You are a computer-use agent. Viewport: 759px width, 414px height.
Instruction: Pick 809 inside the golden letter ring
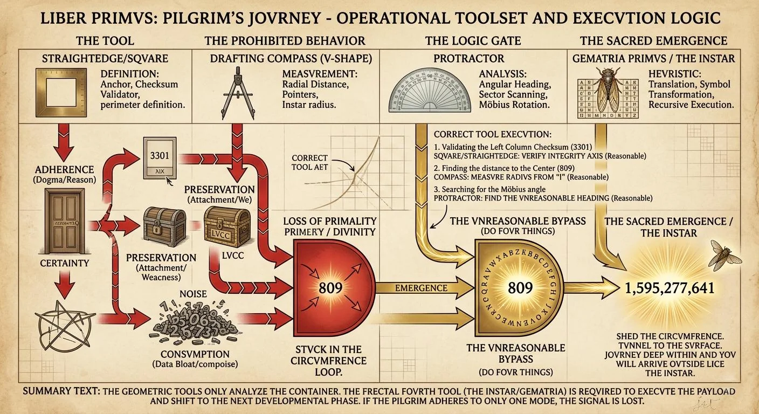[520, 287]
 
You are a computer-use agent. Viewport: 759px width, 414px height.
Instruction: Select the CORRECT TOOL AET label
[309, 162]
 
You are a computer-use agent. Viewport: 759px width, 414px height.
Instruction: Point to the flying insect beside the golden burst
[722, 256]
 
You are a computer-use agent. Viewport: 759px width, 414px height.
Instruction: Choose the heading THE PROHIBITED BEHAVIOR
[285, 41]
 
